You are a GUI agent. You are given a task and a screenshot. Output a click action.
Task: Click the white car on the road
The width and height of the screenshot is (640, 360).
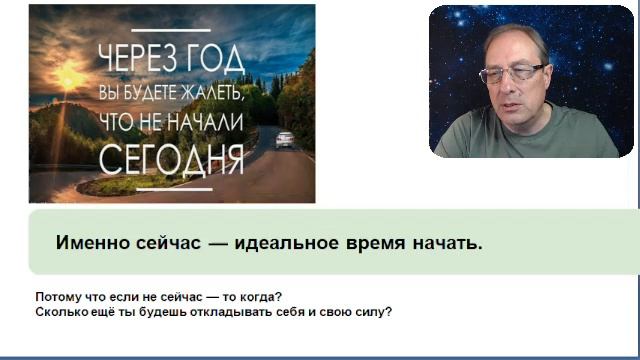click(x=284, y=139)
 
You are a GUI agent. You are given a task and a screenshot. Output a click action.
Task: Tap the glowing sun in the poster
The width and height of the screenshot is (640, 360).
click(x=68, y=77)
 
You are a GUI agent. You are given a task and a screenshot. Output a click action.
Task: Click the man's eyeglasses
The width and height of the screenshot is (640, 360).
click(x=512, y=73)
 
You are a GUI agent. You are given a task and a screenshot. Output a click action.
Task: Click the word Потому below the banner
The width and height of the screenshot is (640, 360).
click(x=57, y=297)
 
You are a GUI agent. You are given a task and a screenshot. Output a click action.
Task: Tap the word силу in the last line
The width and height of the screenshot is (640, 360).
click(x=371, y=311)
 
